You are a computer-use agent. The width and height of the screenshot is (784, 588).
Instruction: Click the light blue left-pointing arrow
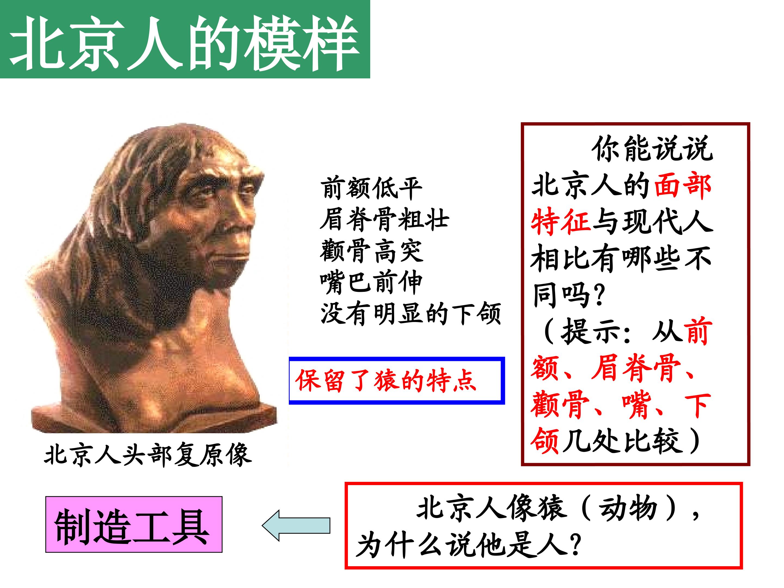click(x=296, y=525)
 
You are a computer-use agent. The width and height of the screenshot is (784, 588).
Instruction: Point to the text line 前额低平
click(x=371, y=188)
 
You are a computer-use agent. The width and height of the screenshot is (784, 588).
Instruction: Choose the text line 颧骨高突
click(x=371, y=251)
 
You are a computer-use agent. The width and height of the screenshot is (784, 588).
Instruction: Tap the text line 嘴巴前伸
click(x=371, y=283)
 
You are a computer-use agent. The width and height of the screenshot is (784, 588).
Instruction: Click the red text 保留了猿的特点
click(x=386, y=381)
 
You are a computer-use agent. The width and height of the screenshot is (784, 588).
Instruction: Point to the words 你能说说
click(x=652, y=149)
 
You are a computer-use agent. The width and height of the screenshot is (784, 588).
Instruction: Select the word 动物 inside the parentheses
click(x=628, y=509)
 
